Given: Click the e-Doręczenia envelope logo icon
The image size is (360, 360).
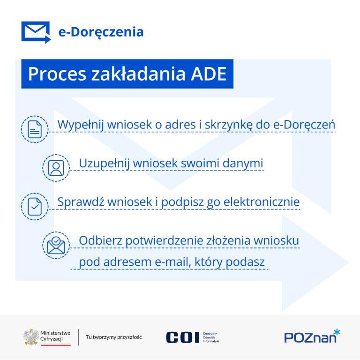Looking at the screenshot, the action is [x=36, y=32].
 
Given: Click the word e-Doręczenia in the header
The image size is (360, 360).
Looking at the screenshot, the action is [x=101, y=32].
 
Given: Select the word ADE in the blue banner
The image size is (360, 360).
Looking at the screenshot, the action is [x=209, y=74].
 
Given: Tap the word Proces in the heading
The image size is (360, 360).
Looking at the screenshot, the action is [x=57, y=74].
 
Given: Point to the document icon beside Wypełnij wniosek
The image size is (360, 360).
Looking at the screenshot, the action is [x=35, y=129].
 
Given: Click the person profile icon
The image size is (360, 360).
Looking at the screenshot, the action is [x=56, y=168].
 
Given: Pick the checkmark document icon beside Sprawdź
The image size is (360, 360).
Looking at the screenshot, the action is [x=35, y=206].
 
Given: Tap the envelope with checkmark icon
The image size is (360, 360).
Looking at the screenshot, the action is [x=56, y=245].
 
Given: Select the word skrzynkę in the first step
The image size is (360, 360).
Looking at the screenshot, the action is [x=228, y=125].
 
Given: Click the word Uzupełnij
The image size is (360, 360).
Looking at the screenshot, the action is [x=104, y=164].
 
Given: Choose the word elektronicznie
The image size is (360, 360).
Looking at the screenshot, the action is [x=262, y=202].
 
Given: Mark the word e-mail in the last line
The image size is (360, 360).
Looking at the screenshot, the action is [x=173, y=262].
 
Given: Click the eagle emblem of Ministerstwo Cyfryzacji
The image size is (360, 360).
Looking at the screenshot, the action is [x=31, y=337].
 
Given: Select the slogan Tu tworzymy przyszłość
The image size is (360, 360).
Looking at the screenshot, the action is [x=114, y=337].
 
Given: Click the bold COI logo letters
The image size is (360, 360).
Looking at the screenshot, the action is [x=182, y=337].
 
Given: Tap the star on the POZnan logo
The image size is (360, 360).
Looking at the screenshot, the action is [x=337, y=332].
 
